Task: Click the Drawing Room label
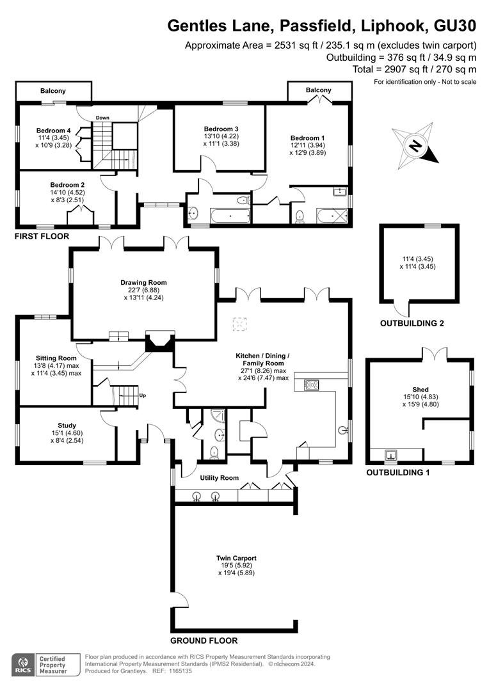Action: (x=144, y=283)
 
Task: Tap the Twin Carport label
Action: (x=236, y=558)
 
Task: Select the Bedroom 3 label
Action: (x=221, y=129)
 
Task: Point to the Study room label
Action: (x=67, y=425)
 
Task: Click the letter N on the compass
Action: (x=415, y=145)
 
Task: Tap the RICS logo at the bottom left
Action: (x=24, y=665)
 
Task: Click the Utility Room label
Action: (x=219, y=478)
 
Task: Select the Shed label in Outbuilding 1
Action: (x=421, y=389)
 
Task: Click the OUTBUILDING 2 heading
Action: (x=412, y=323)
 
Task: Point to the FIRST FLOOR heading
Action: (x=42, y=236)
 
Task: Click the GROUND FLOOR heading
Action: (x=204, y=640)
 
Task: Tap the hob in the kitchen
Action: (x=311, y=385)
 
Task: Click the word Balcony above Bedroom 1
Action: (x=318, y=90)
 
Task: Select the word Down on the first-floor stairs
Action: (x=103, y=118)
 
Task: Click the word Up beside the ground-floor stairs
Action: (x=143, y=395)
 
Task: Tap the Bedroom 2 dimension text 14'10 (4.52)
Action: (x=67, y=192)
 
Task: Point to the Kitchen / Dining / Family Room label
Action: (x=262, y=359)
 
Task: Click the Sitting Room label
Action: (x=56, y=358)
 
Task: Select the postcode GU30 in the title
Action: (x=455, y=26)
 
